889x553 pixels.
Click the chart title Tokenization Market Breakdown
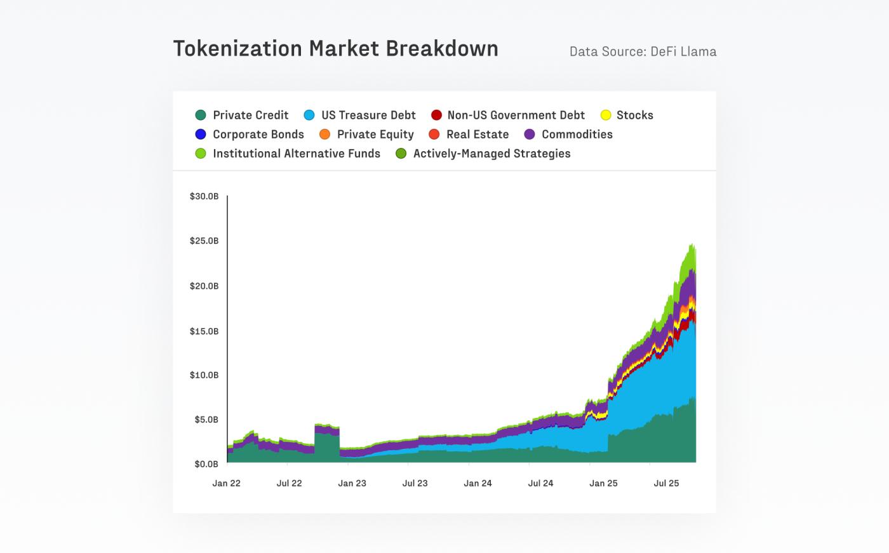pyautogui.click(x=335, y=49)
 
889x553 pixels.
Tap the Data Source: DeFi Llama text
pyautogui.click(x=643, y=51)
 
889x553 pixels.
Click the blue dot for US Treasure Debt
pyautogui.click(x=309, y=115)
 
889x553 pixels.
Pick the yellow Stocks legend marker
pyautogui.click(x=606, y=115)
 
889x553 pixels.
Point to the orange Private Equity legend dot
pyautogui.click(x=325, y=134)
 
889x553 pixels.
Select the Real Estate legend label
pyautogui.click(x=478, y=134)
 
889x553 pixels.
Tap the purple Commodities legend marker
pyautogui.click(x=530, y=134)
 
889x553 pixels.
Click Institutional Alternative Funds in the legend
pyautogui.click(x=296, y=153)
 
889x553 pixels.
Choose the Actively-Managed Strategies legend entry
pyautogui.click(x=491, y=153)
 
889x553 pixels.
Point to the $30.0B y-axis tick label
pyautogui.click(x=204, y=196)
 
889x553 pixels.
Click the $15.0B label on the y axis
pyautogui.click(x=204, y=331)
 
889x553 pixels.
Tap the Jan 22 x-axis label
pyautogui.click(x=227, y=483)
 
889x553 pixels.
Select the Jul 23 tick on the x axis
pyautogui.click(x=415, y=483)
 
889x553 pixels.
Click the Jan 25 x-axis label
pyautogui.click(x=603, y=483)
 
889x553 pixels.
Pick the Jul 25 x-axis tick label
pyautogui.click(x=666, y=483)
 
